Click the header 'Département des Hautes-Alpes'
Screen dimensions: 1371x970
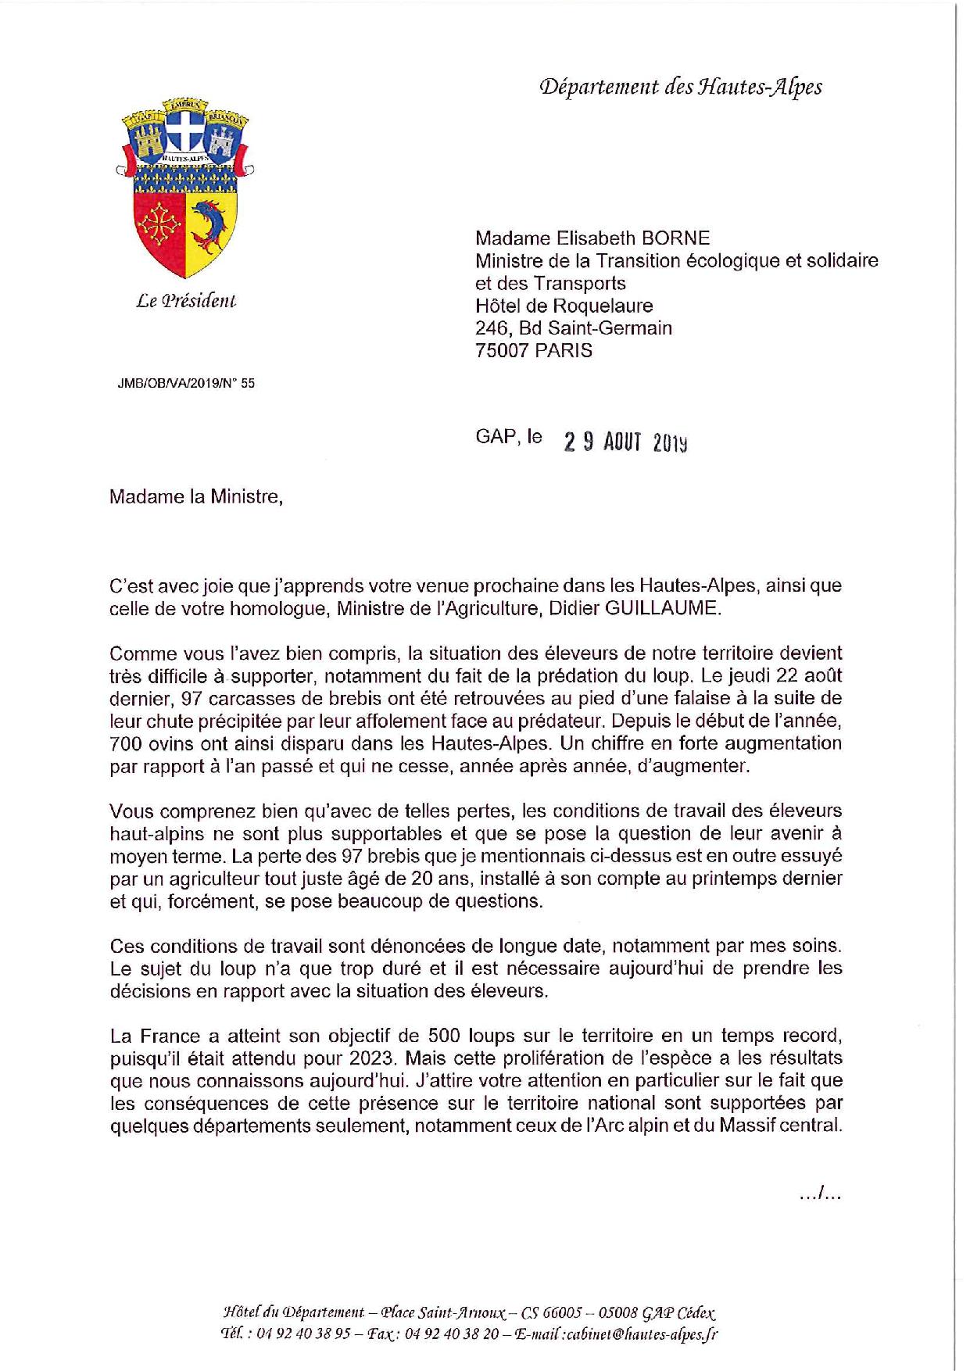click(x=680, y=88)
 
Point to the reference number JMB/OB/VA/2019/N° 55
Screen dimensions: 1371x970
click(x=186, y=383)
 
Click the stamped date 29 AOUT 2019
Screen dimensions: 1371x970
click(x=625, y=442)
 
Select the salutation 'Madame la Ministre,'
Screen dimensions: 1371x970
click(x=195, y=496)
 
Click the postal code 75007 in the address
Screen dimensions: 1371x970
click(x=502, y=350)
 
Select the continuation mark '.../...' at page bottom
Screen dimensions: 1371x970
click(x=820, y=1194)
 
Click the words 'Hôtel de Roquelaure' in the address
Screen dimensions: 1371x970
click(x=564, y=306)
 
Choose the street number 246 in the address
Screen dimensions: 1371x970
click(x=489, y=328)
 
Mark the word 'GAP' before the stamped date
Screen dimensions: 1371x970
click(x=495, y=436)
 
